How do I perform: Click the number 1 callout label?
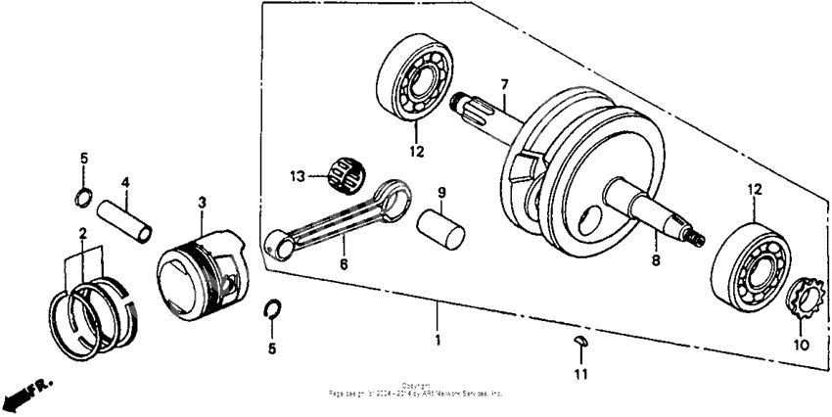(x=438, y=340)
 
